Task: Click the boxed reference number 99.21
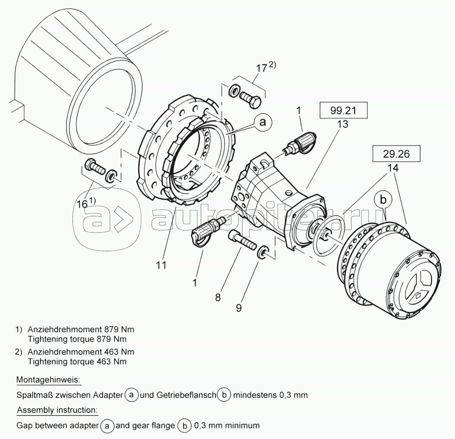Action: click(x=343, y=111)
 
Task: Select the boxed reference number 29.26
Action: click(x=396, y=154)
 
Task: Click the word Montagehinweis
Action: click(x=48, y=380)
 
